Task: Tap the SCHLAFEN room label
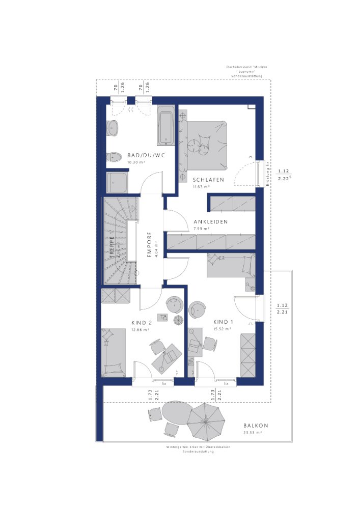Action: (x=207, y=180)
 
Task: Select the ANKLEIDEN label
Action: (x=210, y=222)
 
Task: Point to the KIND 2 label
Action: (x=142, y=323)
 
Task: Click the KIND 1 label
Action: (x=223, y=322)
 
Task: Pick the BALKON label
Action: (x=256, y=426)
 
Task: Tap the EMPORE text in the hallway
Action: (x=150, y=245)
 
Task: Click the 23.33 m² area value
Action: (x=252, y=433)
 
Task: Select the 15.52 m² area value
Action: (x=222, y=329)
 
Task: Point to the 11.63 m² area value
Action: (x=201, y=187)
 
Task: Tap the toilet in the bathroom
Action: (x=114, y=158)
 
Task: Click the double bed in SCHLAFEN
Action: (x=204, y=145)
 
